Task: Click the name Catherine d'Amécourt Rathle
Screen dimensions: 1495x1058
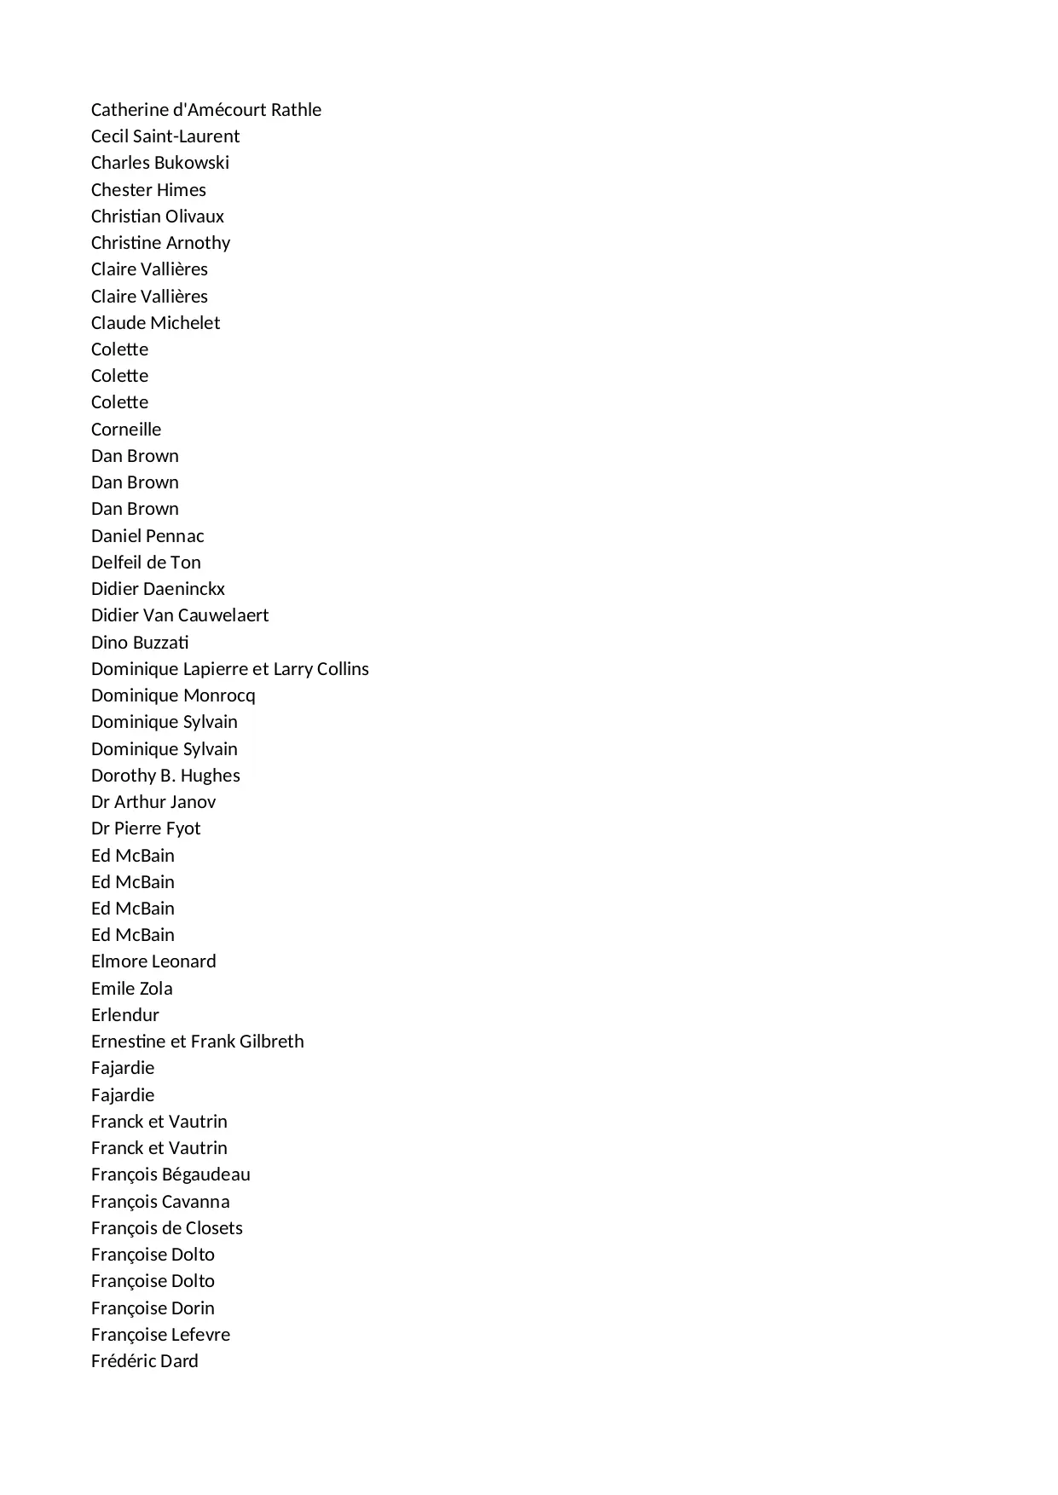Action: click(205, 110)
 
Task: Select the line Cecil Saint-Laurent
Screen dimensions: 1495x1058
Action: click(165, 136)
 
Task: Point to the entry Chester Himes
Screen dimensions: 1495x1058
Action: click(148, 190)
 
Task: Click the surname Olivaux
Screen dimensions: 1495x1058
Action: click(194, 216)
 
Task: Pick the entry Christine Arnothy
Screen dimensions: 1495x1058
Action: click(160, 243)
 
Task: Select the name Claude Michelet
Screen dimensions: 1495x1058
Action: click(155, 323)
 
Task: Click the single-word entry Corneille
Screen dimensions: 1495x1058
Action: click(126, 430)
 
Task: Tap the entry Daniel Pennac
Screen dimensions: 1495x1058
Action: click(147, 536)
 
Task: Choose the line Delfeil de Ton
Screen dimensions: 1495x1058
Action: click(146, 563)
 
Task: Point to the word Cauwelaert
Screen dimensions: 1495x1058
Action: click(223, 615)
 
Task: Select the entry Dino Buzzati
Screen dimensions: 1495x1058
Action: click(140, 643)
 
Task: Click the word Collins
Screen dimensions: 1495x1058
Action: click(343, 669)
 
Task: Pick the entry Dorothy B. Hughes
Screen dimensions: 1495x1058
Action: click(165, 776)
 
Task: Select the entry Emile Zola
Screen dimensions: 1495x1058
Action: click(131, 989)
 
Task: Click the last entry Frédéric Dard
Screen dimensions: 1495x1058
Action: click(144, 1361)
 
